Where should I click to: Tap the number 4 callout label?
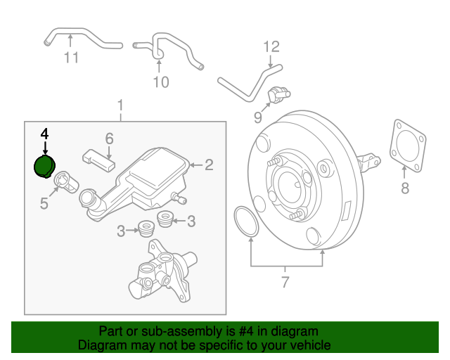(x=44, y=134)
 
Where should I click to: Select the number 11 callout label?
(x=71, y=58)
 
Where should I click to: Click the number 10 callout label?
(x=161, y=82)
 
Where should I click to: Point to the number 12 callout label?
(x=271, y=47)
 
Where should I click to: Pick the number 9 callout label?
(x=257, y=116)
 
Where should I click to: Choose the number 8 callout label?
(x=404, y=188)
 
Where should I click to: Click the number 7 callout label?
(x=285, y=283)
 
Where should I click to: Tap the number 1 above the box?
(x=120, y=105)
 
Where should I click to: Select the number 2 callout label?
(x=208, y=165)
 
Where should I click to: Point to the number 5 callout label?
(x=44, y=204)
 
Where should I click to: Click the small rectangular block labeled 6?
(x=98, y=158)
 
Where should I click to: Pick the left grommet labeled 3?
(x=147, y=228)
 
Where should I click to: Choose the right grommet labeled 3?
(x=167, y=218)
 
